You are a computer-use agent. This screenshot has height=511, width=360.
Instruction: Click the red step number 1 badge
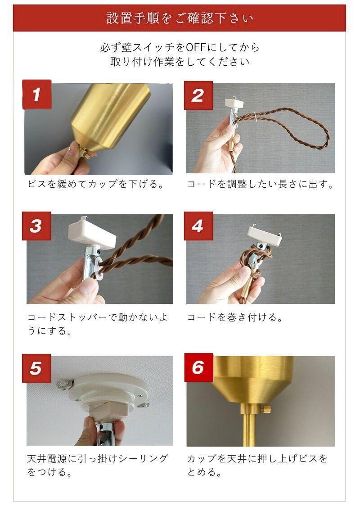coord(37,94)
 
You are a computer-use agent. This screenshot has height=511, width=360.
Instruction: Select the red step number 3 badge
coord(36,226)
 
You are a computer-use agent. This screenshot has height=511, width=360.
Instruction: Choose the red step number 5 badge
coord(36,368)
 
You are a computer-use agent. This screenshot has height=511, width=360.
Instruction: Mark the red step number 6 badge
coord(199,367)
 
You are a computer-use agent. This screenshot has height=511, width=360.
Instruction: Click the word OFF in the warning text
coord(196,48)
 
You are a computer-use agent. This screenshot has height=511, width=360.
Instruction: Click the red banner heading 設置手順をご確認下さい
coord(180,18)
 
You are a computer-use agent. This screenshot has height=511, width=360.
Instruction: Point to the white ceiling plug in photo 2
coord(234,103)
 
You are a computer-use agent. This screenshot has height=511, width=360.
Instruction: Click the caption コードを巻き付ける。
coord(235,317)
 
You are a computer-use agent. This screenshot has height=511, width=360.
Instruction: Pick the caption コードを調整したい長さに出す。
coord(260,184)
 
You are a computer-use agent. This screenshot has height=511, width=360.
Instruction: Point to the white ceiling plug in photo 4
coord(264,235)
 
